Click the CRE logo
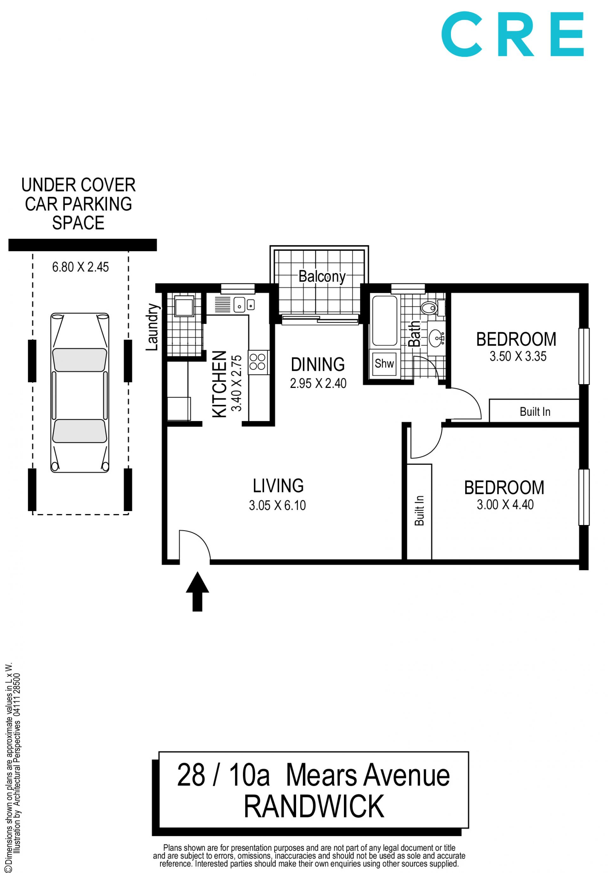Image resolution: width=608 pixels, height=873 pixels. point(512,34)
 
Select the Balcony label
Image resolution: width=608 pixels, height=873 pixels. point(322,276)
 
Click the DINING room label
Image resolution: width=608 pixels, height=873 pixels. point(318,364)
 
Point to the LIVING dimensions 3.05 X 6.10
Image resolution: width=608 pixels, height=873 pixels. point(277,505)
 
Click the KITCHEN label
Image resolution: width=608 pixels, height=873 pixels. point(219,384)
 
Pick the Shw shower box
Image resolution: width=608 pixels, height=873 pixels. point(384,364)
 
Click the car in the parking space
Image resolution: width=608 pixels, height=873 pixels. point(80,393)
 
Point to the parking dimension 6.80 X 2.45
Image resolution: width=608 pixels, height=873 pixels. point(80,267)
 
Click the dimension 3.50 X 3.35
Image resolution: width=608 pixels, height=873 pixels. point(518,356)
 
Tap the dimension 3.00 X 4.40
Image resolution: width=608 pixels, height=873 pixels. point(505,504)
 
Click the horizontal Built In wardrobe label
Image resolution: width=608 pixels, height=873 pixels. point(535,412)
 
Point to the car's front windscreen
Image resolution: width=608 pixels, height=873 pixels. point(79,360)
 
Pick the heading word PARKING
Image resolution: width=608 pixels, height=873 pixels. point(97,204)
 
